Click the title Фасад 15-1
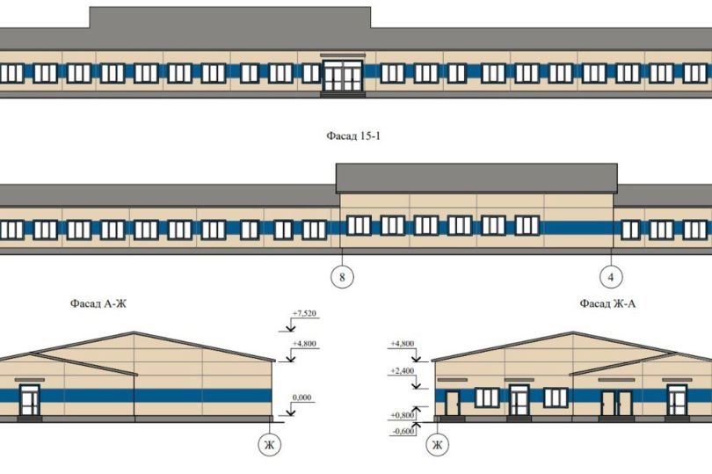[x=356, y=136]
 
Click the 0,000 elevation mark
[x=302, y=398]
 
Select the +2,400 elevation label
[x=402, y=371]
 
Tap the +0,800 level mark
[x=402, y=414]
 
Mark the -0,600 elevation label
[x=402, y=431]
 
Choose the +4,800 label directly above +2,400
[x=402, y=345]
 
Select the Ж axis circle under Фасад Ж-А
[x=435, y=447]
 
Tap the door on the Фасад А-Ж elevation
[x=31, y=402]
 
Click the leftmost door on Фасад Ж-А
[x=453, y=404]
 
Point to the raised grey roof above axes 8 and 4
[x=476, y=178]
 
